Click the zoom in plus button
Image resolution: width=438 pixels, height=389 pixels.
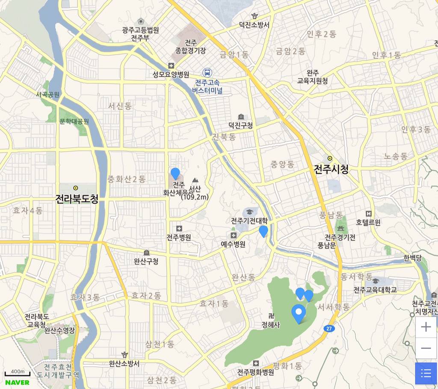[426, 327]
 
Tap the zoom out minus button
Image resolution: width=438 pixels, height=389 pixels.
[426, 348]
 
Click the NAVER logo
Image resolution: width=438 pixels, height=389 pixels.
[17, 382]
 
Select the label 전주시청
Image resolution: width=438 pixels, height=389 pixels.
[331, 170]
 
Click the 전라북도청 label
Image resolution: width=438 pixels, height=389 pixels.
[77, 199]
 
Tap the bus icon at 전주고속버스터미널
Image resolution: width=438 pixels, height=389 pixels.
[207, 73]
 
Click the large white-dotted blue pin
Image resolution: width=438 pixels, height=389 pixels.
[299, 313]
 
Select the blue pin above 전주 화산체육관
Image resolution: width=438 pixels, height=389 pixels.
[175, 173]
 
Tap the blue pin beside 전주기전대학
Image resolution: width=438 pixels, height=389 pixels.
[263, 231]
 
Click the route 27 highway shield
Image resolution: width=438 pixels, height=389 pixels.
[328, 328]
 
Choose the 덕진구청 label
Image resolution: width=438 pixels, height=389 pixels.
[240, 126]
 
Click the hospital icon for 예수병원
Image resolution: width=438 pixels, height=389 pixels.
[234, 236]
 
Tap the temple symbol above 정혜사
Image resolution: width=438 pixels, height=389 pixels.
[270, 316]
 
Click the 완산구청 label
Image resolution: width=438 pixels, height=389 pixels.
[146, 261]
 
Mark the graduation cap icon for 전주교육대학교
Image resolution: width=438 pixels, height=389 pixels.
[375, 281]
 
